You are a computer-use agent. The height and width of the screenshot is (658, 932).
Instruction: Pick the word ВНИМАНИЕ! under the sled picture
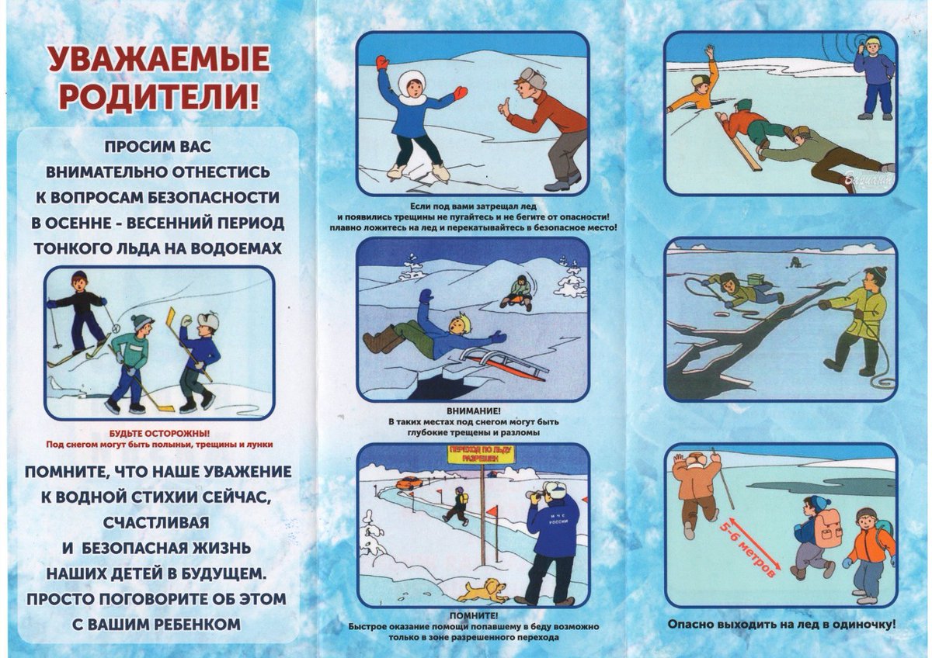click(x=473, y=410)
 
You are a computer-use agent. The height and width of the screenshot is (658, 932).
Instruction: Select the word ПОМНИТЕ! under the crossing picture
click(x=473, y=616)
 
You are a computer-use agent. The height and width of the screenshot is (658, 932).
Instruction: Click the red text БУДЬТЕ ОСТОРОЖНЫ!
click(x=159, y=433)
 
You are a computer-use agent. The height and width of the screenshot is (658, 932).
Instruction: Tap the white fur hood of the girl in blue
click(x=412, y=82)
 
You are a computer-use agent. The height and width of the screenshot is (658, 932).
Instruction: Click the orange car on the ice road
click(x=409, y=483)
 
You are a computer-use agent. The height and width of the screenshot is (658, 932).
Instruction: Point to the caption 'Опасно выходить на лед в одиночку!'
click(x=781, y=623)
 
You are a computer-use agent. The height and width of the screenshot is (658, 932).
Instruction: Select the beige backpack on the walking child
click(x=829, y=532)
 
